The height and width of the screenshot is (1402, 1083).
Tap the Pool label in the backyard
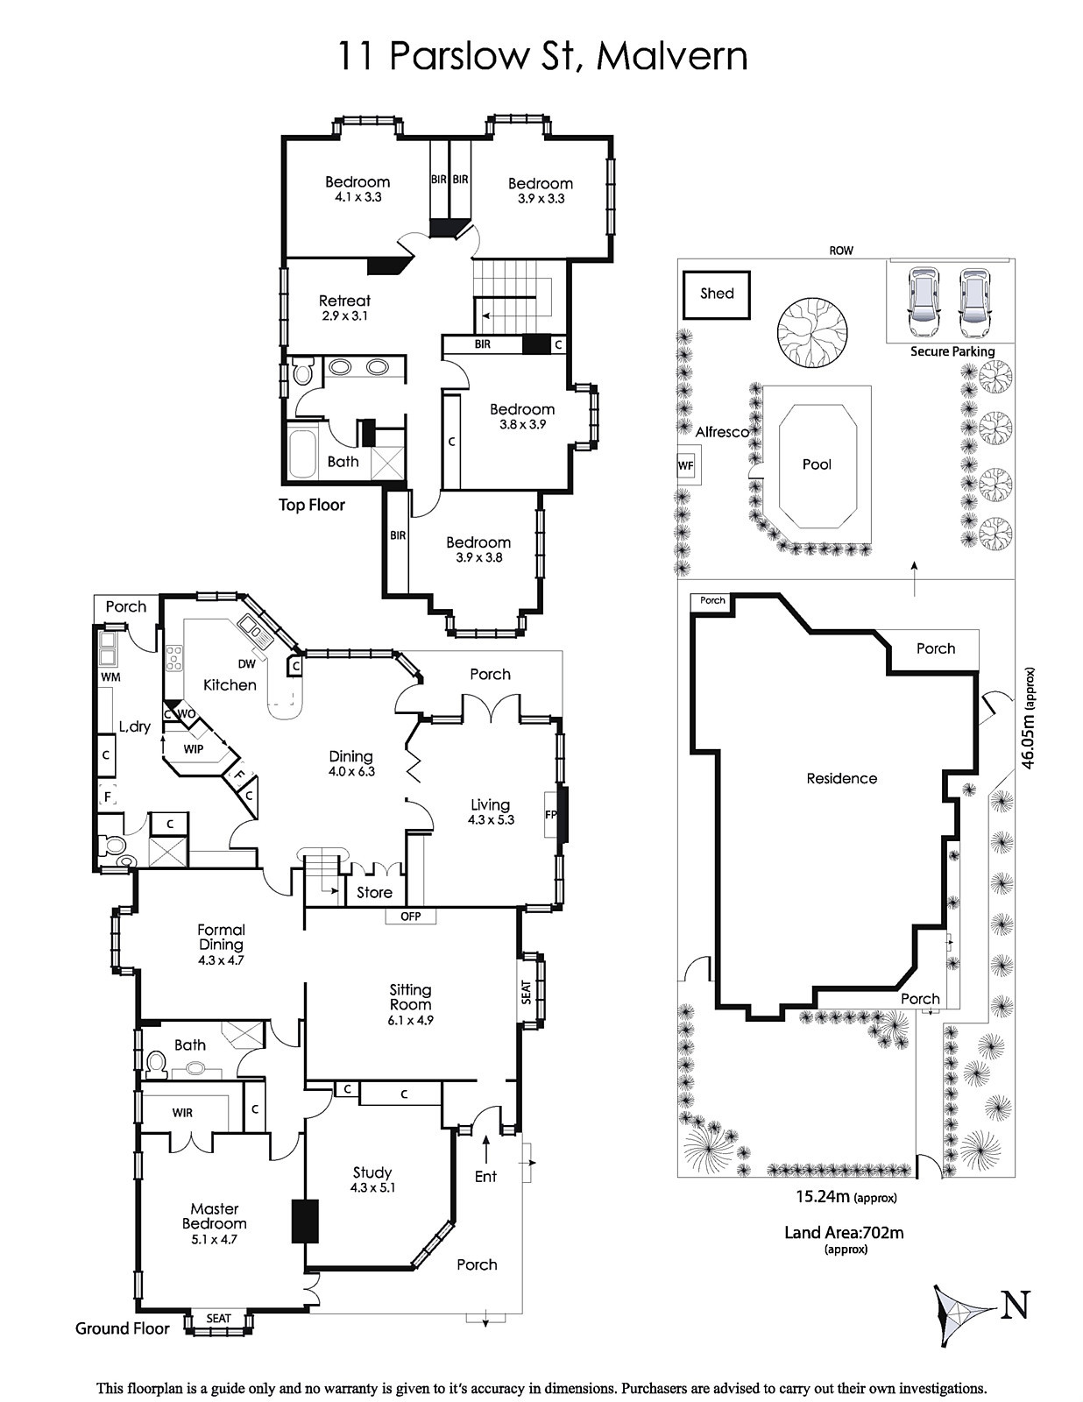coord(817,464)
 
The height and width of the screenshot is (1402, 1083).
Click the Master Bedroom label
coord(214,1216)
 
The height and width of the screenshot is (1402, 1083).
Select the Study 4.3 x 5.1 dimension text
coord(372,1187)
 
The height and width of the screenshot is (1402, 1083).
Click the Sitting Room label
coord(410,997)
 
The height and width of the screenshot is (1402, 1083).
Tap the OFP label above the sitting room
coord(411,917)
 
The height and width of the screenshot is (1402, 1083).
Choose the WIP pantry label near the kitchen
coord(194,749)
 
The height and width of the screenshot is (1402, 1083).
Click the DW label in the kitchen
coord(247,664)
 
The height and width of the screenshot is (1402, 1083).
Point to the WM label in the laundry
coord(110,676)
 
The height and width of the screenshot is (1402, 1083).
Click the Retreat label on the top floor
coord(345,301)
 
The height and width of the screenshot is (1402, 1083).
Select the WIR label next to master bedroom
coord(182,1113)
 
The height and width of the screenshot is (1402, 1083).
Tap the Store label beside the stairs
coord(374,892)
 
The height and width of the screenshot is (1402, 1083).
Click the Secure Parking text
coord(952,351)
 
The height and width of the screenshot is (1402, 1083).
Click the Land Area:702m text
coord(844,1233)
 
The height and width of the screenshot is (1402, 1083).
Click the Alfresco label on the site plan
coord(722,432)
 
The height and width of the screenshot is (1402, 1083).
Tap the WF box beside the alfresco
coord(686,465)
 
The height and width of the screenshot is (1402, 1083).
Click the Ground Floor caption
coord(122,1328)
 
